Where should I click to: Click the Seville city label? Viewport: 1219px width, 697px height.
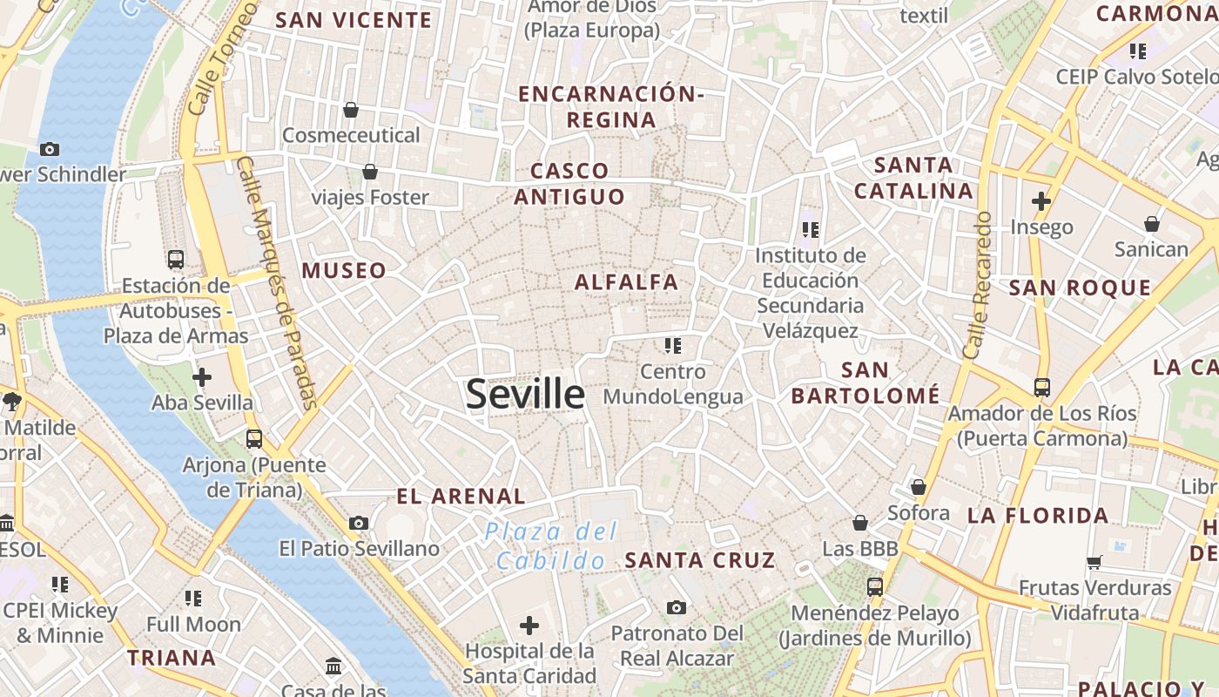tap(525, 394)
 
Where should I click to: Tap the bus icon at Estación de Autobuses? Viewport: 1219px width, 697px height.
tap(176, 259)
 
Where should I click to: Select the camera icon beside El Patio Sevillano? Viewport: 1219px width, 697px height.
tap(359, 523)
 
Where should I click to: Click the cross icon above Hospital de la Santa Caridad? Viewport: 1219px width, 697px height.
tap(529, 625)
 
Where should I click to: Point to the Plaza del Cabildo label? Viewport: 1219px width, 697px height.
tap(551, 545)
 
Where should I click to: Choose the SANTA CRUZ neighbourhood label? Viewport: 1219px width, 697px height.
tap(700, 560)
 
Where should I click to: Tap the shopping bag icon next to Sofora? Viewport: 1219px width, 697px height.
tap(918, 487)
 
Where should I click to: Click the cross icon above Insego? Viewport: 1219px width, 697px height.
tap(1041, 201)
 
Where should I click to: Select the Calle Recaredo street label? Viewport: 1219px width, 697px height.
tap(978, 285)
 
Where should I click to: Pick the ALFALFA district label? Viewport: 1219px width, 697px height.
tap(626, 282)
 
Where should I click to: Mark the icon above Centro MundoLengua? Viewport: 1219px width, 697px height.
tap(672, 346)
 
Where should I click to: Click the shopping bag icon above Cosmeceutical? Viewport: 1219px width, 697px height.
tap(351, 110)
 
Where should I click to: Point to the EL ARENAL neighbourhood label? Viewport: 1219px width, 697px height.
tap(461, 497)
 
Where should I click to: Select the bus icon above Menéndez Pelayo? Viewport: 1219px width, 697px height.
tap(874, 587)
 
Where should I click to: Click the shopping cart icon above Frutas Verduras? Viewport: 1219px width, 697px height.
tap(1094, 562)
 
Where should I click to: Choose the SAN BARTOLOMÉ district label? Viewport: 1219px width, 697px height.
tap(865, 383)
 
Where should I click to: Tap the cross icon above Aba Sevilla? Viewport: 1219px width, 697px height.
tap(202, 377)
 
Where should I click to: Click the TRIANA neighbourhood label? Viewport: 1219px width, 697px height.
tap(172, 658)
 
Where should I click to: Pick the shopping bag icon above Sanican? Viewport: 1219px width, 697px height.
tap(1152, 224)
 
